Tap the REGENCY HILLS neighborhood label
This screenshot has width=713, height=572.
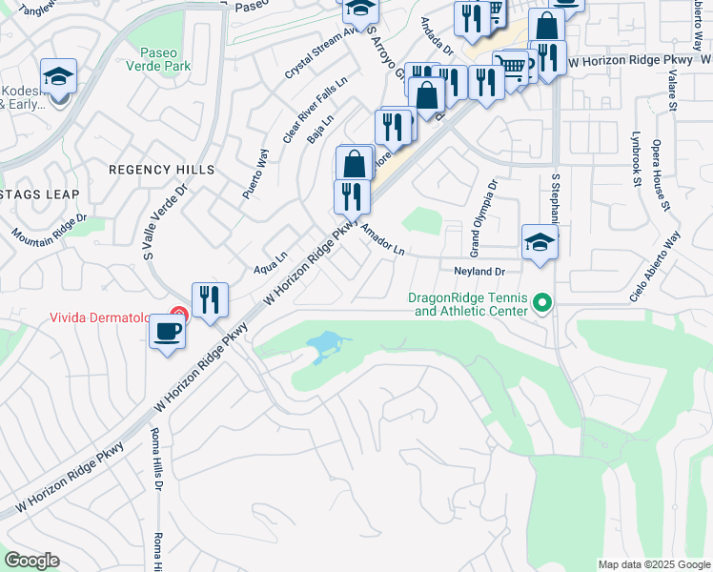(x=161, y=169)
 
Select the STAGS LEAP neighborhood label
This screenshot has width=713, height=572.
(x=40, y=194)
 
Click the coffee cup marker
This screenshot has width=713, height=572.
(x=167, y=333)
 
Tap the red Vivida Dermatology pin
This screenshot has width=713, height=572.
(x=177, y=313)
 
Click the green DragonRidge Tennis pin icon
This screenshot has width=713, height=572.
(x=542, y=304)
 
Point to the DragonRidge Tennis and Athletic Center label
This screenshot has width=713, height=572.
(x=467, y=304)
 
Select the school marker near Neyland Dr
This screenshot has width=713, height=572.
(x=539, y=242)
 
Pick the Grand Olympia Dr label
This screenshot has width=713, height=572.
(x=484, y=218)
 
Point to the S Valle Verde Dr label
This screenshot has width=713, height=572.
(x=160, y=223)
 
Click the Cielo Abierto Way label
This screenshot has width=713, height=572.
(x=657, y=267)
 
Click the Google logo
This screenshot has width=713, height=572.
(x=31, y=561)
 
